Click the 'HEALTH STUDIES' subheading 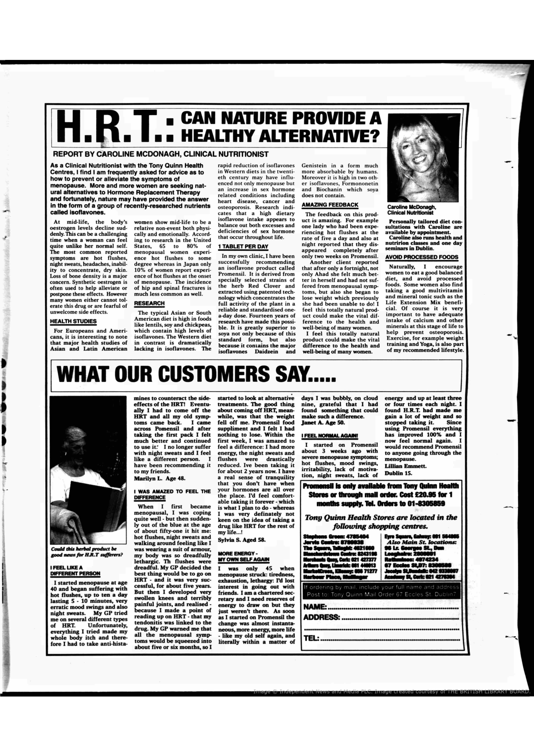73,322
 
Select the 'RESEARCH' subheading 149,303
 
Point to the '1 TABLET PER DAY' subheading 243,247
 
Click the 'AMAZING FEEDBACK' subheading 330,205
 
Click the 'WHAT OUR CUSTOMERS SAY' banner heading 196,373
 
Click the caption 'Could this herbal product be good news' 86,552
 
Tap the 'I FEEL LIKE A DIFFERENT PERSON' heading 75,571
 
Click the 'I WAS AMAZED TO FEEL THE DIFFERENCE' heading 172,494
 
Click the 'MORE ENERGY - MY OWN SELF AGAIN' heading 244,556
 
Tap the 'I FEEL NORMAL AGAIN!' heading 330,436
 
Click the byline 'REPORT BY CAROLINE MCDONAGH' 160,154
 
